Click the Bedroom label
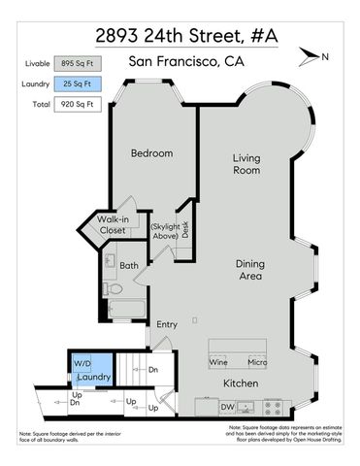click(x=151, y=153)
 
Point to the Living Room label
click(x=246, y=164)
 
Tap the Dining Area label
click(x=257, y=270)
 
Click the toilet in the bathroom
click(x=112, y=289)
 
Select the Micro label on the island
click(x=257, y=362)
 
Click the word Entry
click(x=167, y=325)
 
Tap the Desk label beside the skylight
click(x=184, y=230)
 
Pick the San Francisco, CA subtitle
click(x=185, y=63)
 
